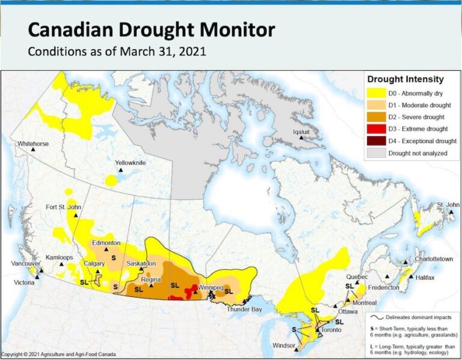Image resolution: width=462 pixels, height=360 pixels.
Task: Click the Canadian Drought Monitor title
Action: tap(152, 29)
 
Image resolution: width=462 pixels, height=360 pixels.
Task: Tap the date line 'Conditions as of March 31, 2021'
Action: tap(117, 52)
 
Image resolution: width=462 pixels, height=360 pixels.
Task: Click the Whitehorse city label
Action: tap(33, 144)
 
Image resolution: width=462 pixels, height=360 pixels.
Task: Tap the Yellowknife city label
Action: tap(131, 163)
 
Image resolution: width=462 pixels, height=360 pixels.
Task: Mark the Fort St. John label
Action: tap(63, 208)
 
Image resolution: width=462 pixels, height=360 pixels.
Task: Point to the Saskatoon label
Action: tap(141, 263)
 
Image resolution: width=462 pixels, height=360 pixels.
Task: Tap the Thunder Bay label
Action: tap(244, 309)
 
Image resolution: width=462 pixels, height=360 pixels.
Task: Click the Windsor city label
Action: tap(283, 346)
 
